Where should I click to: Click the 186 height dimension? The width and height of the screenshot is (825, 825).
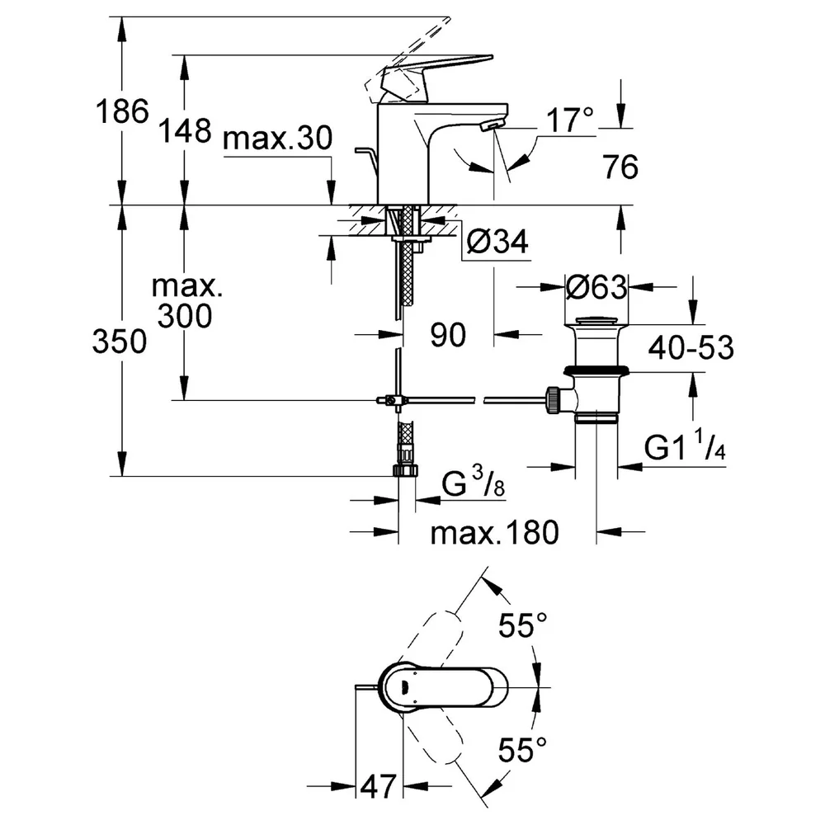pos(122,111)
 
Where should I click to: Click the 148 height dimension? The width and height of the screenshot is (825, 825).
pos(185,130)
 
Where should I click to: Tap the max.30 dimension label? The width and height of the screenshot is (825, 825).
pos(278,138)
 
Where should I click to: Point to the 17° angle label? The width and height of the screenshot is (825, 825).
pos(570,120)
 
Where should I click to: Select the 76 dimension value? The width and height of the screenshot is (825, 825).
pos(621,167)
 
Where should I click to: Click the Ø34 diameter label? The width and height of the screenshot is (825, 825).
pos(497,242)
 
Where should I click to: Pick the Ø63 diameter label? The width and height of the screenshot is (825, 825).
pos(596,287)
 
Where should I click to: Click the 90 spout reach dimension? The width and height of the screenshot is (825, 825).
pos(448,335)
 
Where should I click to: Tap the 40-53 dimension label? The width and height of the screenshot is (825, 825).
pos(691,348)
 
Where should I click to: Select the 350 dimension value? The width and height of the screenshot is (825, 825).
pos(120,341)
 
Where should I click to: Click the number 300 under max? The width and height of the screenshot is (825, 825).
pos(185,316)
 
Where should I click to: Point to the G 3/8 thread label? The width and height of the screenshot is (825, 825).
pos(473,483)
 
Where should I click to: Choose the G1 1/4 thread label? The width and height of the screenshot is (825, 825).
pos(685,445)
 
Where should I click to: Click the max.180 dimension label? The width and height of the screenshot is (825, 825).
pos(494,532)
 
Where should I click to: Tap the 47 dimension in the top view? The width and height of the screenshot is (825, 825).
pos(379,787)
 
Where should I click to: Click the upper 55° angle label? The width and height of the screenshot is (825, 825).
pos(523,625)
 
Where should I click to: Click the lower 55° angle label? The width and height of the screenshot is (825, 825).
pos(523,750)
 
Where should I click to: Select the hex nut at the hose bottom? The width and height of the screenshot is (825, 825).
pos(406,470)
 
